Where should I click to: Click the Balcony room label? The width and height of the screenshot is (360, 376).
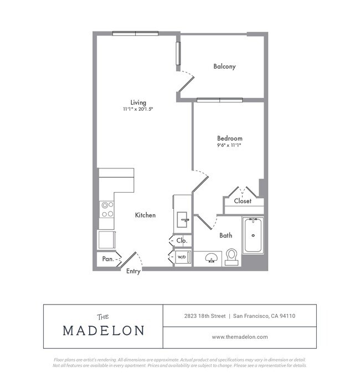tap(224, 66)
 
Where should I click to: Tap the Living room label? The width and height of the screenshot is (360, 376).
tap(138, 102)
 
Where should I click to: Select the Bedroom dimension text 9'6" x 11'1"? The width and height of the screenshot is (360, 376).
tap(229, 145)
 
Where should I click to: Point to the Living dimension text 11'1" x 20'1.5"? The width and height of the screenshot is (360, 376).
tap(138, 109)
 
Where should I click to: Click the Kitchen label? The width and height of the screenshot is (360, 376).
tap(145, 215)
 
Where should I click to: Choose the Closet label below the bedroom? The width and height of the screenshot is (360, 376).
tap(243, 201)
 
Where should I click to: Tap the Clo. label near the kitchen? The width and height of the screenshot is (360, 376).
tap(182, 241)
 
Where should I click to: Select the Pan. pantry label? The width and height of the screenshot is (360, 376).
tap(108, 259)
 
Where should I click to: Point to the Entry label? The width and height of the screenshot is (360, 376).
tap(133, 271)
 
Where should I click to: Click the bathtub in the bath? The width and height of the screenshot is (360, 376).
tap(253, 235)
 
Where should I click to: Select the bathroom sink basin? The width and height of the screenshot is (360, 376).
tap(211, 258)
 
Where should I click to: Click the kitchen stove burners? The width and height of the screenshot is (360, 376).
tap(107, 209)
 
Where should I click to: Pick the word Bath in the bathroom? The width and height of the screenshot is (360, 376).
tap(225, 235)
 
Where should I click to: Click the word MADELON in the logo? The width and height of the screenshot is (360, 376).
tap(104, 331)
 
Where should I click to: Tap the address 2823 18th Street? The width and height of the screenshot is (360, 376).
tap(205, 316)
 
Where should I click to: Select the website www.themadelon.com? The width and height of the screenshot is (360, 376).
tap(240, 337)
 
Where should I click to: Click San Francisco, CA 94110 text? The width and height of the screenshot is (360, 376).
tap(264, 316)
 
